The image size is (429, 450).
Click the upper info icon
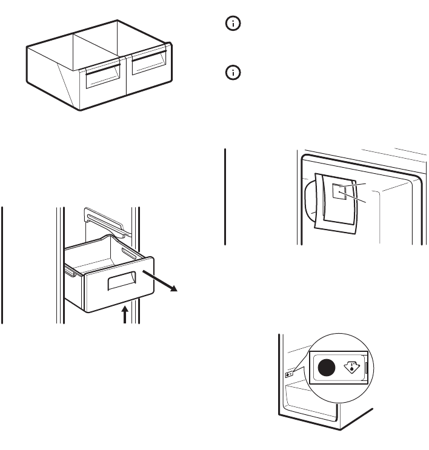[234, 24]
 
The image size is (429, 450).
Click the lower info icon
[234, 73]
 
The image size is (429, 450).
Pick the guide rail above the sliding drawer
[106, 220]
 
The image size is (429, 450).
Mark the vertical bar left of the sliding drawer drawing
[4, 265]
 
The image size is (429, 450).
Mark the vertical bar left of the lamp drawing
[225, 196]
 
